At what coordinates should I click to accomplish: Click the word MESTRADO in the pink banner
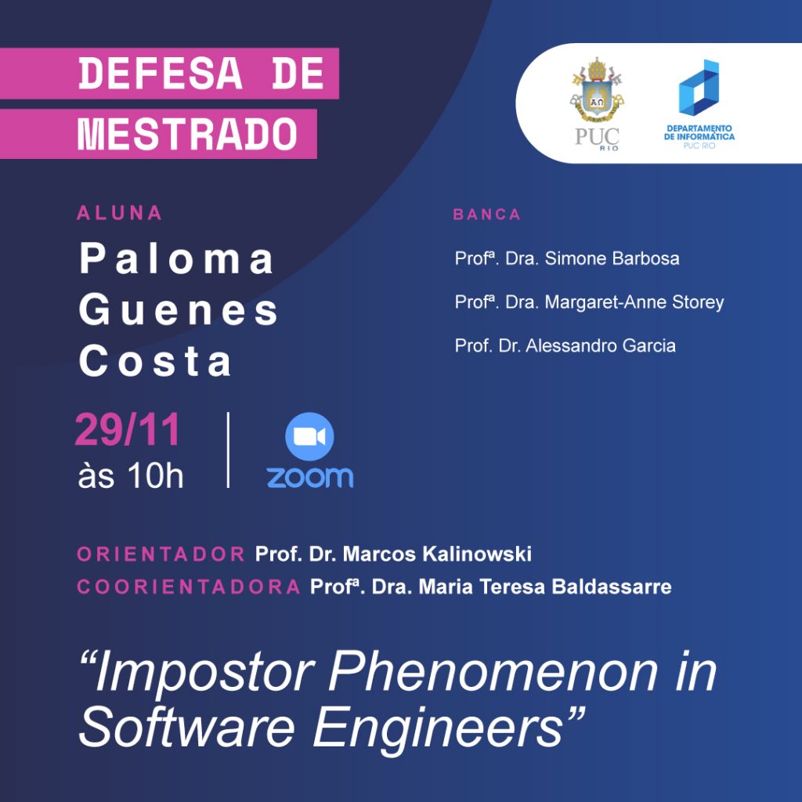coord(187,135)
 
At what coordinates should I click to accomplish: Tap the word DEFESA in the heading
coord(161,74)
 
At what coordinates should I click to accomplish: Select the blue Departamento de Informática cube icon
coord(699,88)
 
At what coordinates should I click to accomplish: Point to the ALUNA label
coord(120,213)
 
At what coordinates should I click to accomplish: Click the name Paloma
coord(177,258)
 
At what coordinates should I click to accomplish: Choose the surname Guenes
coord(179,309)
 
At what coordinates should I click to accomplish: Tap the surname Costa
coord(156,360)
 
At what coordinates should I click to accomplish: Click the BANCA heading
coord(487,215)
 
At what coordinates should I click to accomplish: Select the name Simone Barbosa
coord(612,258)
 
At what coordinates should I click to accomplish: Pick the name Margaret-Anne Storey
coord(634,302)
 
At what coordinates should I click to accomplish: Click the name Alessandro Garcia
coord(601,345)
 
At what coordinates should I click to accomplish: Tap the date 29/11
coord(128,430)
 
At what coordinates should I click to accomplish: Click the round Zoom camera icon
coord(309,436)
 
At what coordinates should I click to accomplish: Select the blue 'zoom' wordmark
coord(310,477)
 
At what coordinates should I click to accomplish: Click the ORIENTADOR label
coord(161,554)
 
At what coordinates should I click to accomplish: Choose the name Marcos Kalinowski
coord(437,554)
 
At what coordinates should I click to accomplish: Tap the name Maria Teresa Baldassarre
coord(545,587)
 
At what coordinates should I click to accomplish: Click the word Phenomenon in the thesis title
coord(493,671)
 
